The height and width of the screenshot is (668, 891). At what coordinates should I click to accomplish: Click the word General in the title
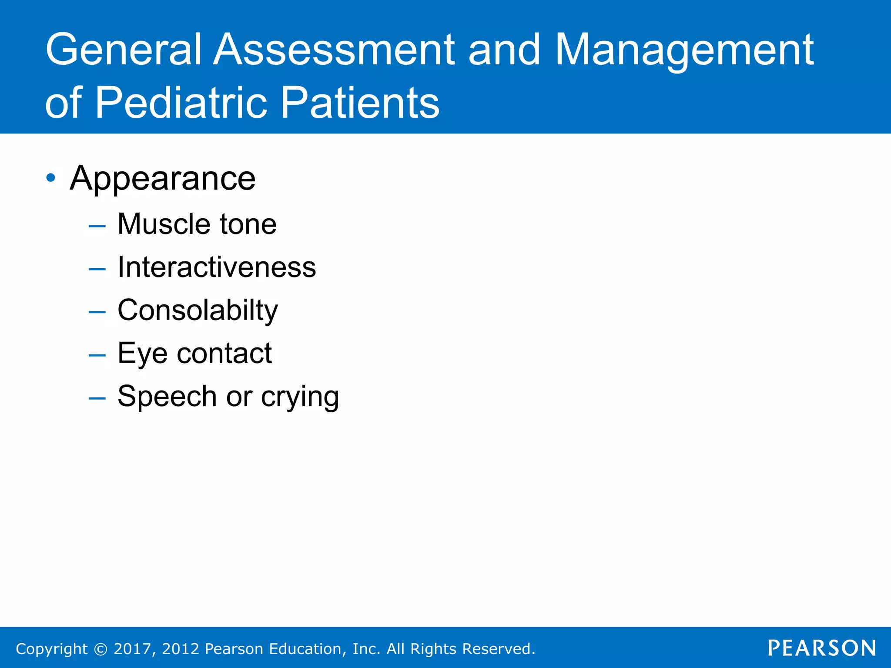point(123,50)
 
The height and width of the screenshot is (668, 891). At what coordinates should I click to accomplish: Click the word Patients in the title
point(360,103)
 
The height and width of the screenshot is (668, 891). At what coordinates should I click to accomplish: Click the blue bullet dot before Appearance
point(51,177)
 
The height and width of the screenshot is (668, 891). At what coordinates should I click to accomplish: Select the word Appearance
point(163,179)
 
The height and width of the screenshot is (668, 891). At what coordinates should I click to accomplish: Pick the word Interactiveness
point(217,267)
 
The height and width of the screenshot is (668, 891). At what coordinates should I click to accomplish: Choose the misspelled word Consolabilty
point(198,311)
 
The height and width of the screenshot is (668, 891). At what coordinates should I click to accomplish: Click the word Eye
point(142,354)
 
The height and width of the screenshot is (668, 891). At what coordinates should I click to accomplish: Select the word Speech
point(167,397)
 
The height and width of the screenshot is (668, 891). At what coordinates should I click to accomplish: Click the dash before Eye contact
point(97,355)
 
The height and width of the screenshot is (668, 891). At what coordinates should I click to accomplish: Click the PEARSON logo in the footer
point(822,648)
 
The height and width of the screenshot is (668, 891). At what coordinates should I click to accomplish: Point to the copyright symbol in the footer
point(100,649)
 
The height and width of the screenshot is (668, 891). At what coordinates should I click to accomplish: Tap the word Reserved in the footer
point(498,649)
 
